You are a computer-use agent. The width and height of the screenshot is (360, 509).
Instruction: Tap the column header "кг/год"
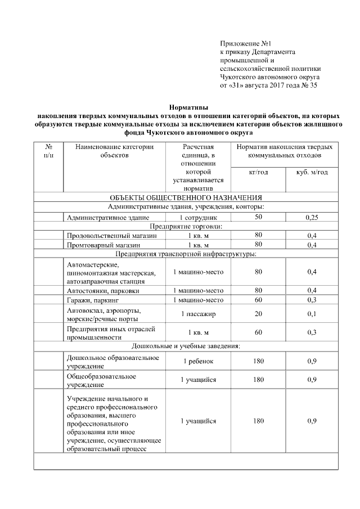click(258, 172)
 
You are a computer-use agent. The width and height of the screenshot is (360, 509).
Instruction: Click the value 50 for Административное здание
click(258, 217)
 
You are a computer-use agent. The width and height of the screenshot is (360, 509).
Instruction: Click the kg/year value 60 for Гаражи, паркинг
click(258, 300)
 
